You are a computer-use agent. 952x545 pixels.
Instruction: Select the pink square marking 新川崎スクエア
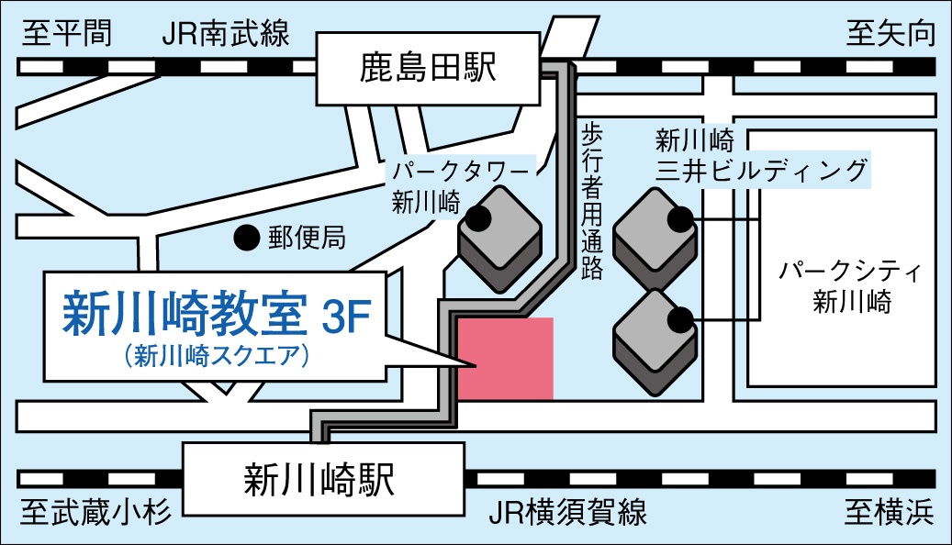point(506,359)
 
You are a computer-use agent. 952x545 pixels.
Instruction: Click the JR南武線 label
point(225,35)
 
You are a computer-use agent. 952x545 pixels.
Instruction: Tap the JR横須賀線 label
point(568,512)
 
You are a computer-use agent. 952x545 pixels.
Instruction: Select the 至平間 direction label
point(67,35)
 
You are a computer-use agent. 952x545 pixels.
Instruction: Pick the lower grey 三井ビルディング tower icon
point(654,339)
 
